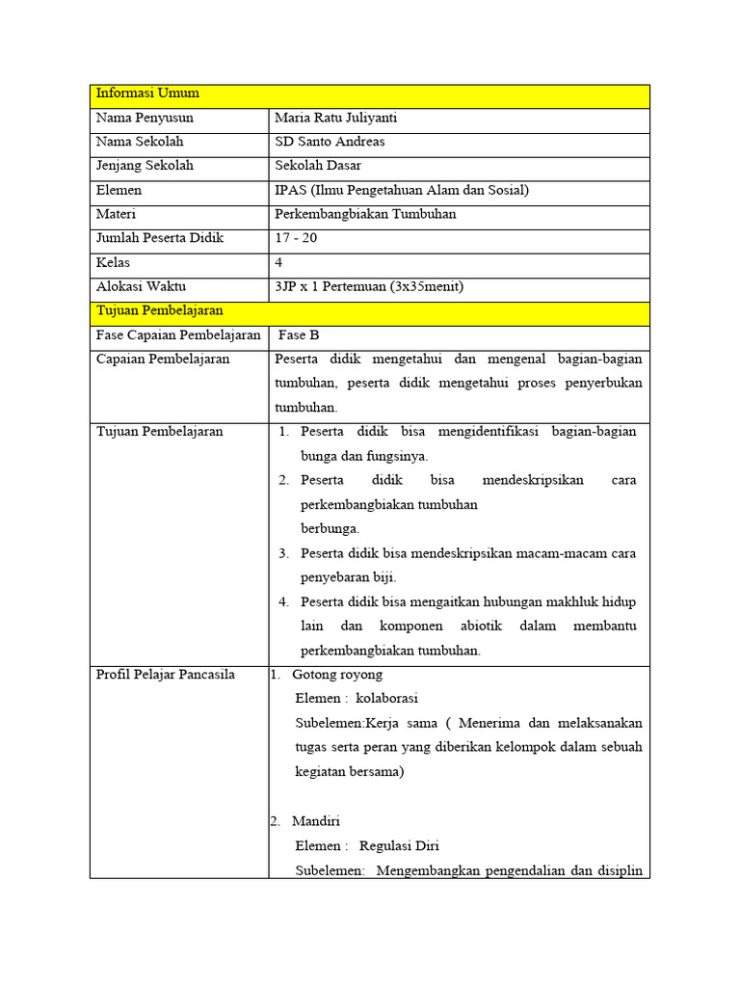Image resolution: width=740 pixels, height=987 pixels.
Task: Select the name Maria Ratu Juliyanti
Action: point(335,118)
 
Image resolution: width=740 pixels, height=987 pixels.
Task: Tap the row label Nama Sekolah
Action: point(140,142)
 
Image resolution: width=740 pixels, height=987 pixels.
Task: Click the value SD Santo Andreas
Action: point(330,142)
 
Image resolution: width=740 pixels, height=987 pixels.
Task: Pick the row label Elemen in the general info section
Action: point(119,190)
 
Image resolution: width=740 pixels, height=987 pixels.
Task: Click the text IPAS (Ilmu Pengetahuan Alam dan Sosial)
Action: point(401,190)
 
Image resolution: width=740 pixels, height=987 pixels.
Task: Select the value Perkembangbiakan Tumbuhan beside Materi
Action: point(365,214)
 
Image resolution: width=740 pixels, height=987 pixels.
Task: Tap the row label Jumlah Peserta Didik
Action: point(159,238)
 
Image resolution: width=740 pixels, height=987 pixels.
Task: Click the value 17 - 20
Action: point(296,238)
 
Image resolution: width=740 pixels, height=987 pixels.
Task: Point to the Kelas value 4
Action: point(278,262)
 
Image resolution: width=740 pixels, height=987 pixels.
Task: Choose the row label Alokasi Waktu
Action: point(141,286)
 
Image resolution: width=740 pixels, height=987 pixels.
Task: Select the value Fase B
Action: point(299,335)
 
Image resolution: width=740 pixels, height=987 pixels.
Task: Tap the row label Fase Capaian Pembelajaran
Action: point(178,335)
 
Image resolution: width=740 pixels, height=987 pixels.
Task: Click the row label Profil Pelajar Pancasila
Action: point(166,674)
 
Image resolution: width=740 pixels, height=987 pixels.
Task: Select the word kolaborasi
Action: point(386,698)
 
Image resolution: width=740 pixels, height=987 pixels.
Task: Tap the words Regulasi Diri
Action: point(399,845)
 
